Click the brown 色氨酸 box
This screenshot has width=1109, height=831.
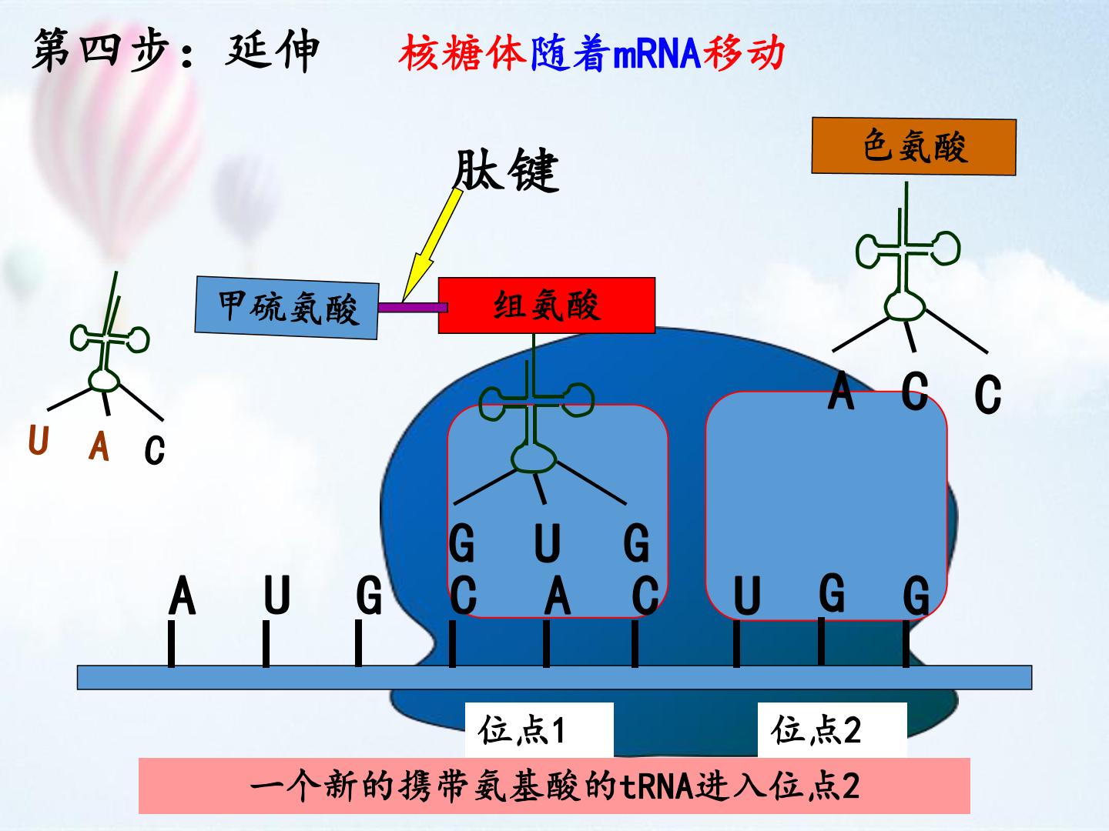click(x=913, y=146)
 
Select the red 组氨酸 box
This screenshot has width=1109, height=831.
click(x=547, y=305)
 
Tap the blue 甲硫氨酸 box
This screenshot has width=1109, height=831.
click(x=287, y=307)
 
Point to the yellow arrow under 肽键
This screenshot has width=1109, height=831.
click(x=432, y=245)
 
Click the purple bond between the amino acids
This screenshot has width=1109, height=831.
click(x=412, y=307)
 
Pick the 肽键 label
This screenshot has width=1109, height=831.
click(x=506, y=170)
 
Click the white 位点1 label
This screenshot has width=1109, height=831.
click(x=539, y=729)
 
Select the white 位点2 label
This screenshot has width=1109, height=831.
click(x=832, y=729)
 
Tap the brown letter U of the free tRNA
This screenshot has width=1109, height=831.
click(x=39, y=440)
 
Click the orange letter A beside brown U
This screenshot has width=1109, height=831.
click(x=99, y=446)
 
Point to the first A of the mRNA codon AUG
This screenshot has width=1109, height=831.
click(x=182, y=596)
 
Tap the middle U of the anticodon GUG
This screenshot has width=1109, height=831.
click(x=547, y=542)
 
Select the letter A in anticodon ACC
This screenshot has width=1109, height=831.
click(x=841, y=390)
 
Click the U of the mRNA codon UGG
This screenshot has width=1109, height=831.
click(x=747, y=596)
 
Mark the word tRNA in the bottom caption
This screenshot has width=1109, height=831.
click(x=657, y=786)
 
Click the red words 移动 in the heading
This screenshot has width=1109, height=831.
click(x=744, y=52)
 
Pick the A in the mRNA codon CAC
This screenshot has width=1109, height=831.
click(x=558, y=596)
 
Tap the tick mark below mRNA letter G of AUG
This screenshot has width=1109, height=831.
click(x=358, y=643)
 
